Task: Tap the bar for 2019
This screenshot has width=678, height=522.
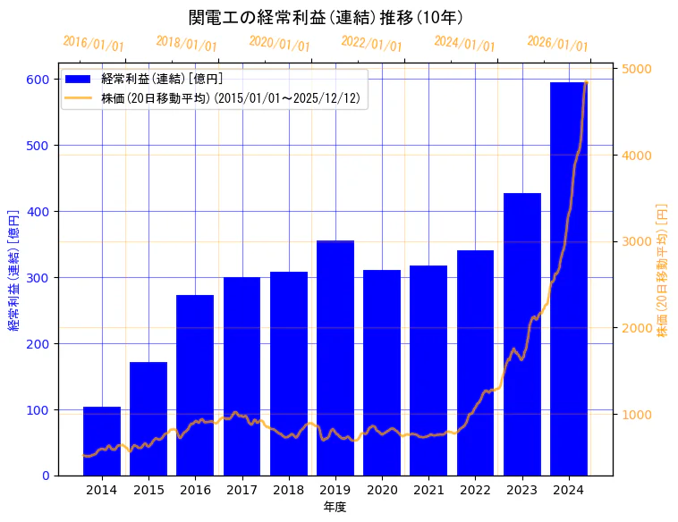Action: tap(335, 358)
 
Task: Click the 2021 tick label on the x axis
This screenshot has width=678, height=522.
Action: tap(428, 490)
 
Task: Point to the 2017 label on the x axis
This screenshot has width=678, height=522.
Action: tap(242, 490)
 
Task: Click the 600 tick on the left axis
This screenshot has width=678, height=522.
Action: tap(37, 80)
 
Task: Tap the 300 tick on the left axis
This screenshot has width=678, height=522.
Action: tap(37, 278)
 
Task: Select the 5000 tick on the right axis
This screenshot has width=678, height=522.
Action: tap(637, 70)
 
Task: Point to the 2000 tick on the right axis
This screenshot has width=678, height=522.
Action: tap(637, 328)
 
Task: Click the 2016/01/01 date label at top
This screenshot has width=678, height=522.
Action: tap(94, 44)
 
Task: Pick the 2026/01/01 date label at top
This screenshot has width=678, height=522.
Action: tap(557, 44)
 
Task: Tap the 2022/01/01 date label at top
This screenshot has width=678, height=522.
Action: tap(372, 44)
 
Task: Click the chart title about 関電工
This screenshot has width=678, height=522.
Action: tap(326, 18)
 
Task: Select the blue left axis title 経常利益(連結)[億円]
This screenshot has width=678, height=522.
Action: tap(13, 270)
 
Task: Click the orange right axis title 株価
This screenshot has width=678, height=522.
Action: tap(663, 269)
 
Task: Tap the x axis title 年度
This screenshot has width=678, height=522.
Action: tap(335, 507)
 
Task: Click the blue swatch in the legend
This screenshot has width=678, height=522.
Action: tap(79, 80)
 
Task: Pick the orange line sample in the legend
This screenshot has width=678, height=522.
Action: tap(79, 98)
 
